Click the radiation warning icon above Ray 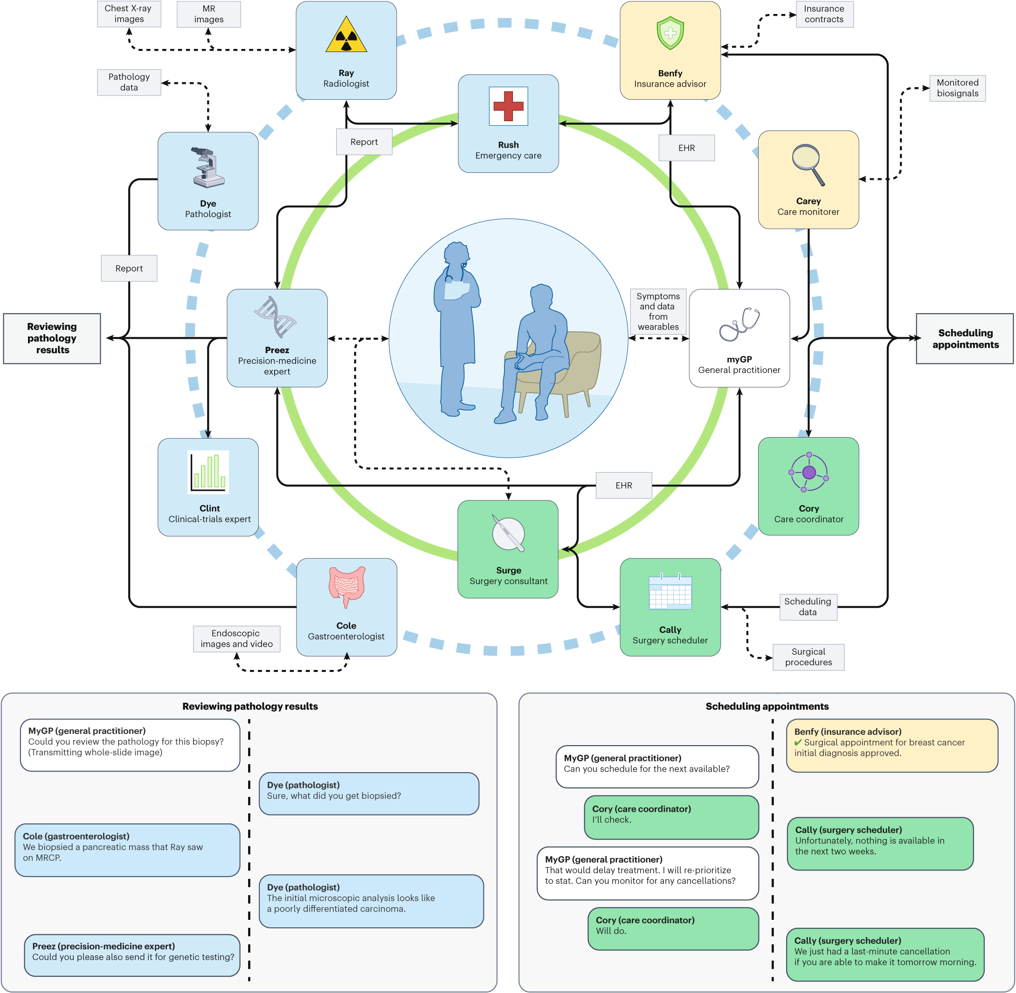click(346, 36)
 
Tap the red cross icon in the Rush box click(508, 106)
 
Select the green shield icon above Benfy click(670, 33)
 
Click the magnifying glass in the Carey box click(808, 164)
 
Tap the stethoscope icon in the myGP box click(740, 324)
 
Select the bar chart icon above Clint click(208, 472)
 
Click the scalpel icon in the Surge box click(508, 533)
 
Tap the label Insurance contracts click(824, 14)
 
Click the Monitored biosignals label click(957, 88)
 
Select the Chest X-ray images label click(129, 14)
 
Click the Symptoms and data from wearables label click(657, 311)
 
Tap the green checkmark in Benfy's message click(798, 742)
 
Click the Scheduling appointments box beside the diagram click(964, 338)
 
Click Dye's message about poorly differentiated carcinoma click(371, 901)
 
